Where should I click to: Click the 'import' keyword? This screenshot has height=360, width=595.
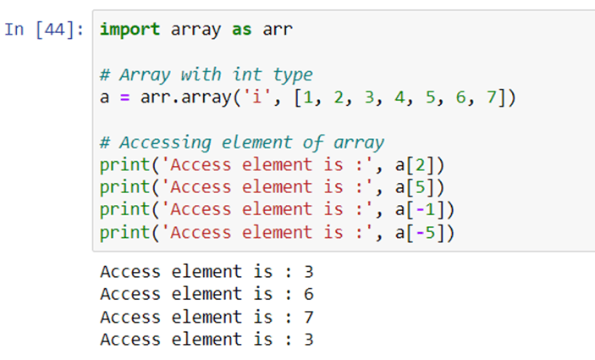click(129, 30)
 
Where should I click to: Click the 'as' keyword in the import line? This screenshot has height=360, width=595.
click(242, 30)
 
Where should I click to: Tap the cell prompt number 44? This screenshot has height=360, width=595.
click(55, 30)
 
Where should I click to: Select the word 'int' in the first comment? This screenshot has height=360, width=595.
click(247, 74)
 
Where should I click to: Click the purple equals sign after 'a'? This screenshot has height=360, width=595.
click(125, 97)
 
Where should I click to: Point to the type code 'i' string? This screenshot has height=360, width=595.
click(257, 97)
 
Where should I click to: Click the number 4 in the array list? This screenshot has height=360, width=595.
click(399, 97)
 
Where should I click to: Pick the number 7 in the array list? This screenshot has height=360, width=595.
click(492, 97)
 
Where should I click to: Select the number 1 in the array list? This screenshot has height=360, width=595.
click(308, 97)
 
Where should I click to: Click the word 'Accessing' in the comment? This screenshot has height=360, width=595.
click(165, 143)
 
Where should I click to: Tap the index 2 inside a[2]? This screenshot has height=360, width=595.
click(420, 165)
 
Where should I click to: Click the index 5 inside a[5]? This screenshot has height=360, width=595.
click(420, 187)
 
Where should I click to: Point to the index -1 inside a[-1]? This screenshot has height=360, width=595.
click(426, 210)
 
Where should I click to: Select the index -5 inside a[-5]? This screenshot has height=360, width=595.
click(426, 233)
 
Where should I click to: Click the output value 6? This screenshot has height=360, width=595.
click(309, 294)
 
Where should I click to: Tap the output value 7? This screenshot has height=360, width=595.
click(309, 317)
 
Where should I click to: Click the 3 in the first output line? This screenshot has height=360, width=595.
click(309, 272)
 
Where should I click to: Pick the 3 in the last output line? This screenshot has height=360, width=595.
click(309, 340)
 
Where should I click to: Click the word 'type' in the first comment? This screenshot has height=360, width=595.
click(293, 75)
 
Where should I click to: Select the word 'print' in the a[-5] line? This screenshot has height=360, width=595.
click(125, 233)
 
